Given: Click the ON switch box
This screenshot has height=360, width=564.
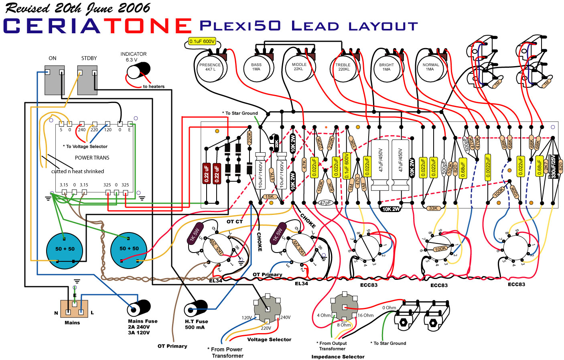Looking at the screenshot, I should [54, 80].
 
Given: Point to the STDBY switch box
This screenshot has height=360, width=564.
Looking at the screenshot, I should [87, 80].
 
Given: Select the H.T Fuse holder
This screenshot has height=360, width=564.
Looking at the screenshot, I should [195, 308].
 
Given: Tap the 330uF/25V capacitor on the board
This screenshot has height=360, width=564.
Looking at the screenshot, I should [553, 167].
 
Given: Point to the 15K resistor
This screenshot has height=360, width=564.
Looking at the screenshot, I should [269, 197].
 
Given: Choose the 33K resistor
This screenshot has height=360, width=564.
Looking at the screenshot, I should [433, 208].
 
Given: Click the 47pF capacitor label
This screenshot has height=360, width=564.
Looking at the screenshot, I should [325, 203].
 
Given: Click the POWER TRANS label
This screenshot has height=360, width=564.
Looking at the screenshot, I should [92, 158].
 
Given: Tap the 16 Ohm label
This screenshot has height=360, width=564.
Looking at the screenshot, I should [365, 316].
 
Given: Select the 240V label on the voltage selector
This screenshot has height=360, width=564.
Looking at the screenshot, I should [285, 318].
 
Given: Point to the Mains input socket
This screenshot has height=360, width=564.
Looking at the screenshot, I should [74, 309].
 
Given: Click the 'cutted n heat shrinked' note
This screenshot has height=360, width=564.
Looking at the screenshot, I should [77, 171].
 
